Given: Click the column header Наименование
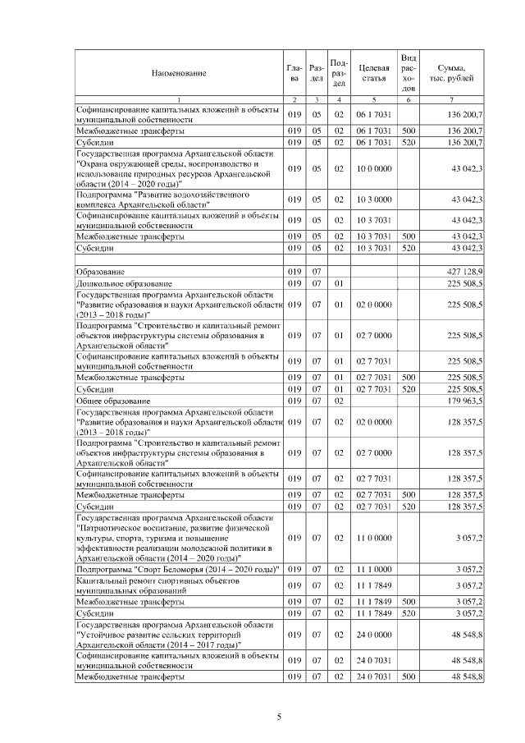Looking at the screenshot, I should click(178, 73).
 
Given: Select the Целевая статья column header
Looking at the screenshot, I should click(373, 73).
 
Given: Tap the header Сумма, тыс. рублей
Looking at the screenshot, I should click(452, 72).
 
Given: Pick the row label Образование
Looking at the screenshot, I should click(101, 270).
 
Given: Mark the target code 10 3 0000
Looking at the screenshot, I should click(373, 200).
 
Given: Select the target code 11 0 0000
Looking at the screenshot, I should click(373, 538).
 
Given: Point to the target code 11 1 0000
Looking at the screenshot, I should click(373, 568).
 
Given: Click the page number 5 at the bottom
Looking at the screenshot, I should click(279, 717).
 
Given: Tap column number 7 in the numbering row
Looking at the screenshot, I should click(452, 99).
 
